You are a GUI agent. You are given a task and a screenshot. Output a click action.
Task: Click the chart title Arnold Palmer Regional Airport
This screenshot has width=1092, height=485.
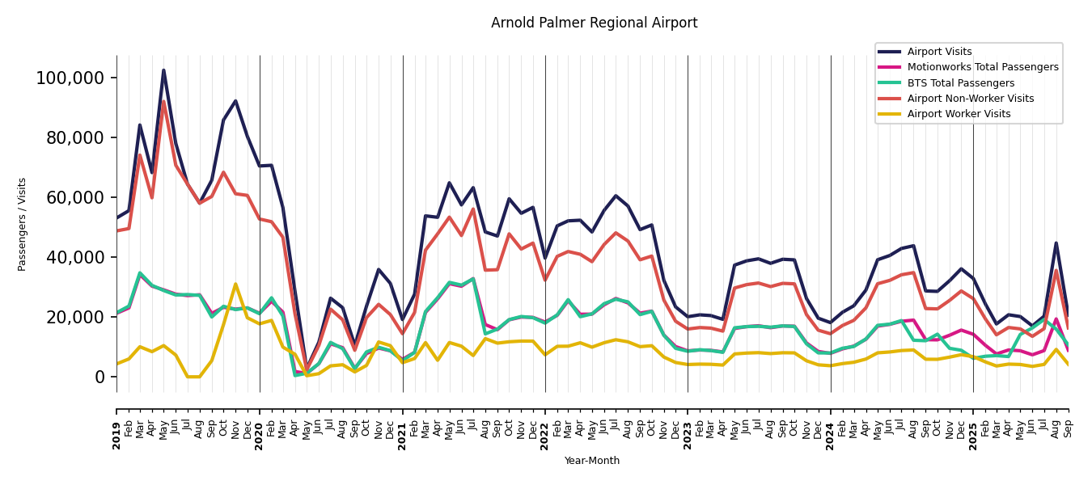pos(594,23)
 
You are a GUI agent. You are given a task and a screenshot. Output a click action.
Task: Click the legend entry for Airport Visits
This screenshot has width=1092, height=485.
pos(939,52)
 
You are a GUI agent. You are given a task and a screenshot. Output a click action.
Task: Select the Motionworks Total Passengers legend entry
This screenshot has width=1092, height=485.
pos(982,67)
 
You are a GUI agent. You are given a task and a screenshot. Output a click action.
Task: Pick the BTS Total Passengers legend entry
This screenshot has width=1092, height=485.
pos(960,83)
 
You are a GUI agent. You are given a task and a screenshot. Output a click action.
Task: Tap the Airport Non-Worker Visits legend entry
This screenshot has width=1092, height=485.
pos(970,99)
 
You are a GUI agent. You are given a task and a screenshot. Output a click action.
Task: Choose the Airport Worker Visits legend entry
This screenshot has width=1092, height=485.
pos(959,114)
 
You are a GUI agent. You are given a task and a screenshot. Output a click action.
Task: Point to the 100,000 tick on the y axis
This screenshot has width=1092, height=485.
pos(70,78)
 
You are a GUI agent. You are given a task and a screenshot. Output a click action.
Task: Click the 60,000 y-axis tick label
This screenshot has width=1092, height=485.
pos(74,198)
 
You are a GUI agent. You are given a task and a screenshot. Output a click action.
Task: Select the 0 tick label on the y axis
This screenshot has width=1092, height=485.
pos(99,377)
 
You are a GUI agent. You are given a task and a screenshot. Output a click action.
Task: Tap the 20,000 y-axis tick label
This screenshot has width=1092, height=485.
pos(74,318)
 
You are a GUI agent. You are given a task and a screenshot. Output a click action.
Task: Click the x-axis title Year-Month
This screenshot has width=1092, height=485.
pos(592,461)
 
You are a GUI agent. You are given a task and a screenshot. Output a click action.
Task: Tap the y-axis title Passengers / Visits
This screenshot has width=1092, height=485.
pos(23,224)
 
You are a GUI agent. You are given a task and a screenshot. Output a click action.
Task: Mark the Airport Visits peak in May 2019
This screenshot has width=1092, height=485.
pos(163,70)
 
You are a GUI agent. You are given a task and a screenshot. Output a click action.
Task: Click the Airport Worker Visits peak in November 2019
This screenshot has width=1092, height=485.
pos(235,284)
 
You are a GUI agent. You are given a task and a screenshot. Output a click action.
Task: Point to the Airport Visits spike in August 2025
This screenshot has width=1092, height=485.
pos(1056,243)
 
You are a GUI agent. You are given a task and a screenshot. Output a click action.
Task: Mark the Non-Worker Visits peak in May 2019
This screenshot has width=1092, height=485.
pos(163,102)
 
